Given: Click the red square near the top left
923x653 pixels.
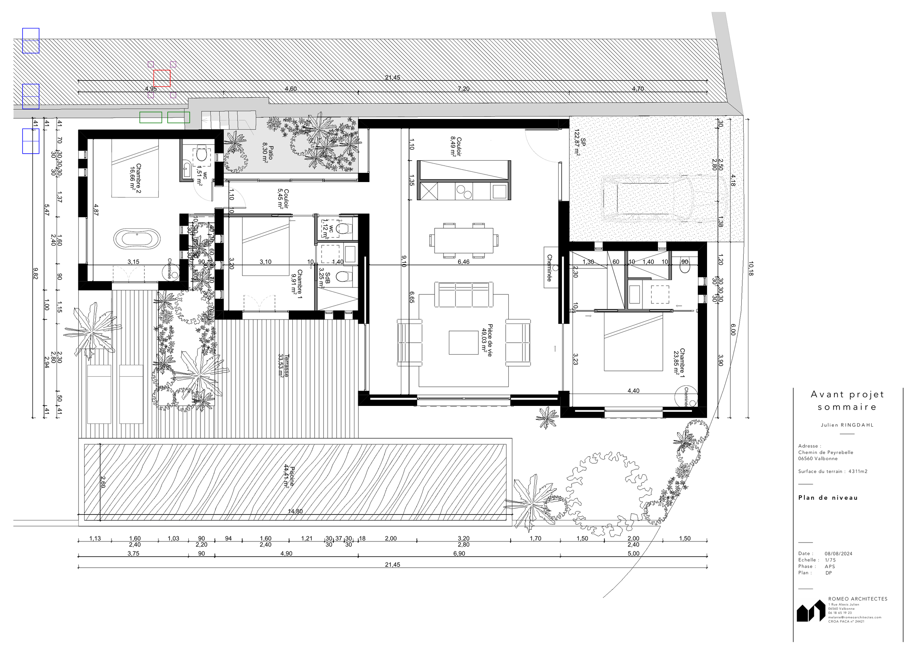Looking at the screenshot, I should click(162, 78).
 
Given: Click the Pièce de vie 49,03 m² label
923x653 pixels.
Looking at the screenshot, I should click(487, 340).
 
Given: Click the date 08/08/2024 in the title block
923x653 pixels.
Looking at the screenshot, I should click(838, 554).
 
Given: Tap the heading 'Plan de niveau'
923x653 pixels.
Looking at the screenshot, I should click(828, 498).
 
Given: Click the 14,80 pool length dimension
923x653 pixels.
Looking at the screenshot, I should click(295, 512).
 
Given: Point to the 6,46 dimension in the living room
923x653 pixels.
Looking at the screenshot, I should click(463, 262).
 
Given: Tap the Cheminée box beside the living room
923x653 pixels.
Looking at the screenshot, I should click(550, 267).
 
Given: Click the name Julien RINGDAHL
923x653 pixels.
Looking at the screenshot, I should click(847, 425).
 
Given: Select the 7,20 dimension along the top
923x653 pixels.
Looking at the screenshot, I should click(463, 89).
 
